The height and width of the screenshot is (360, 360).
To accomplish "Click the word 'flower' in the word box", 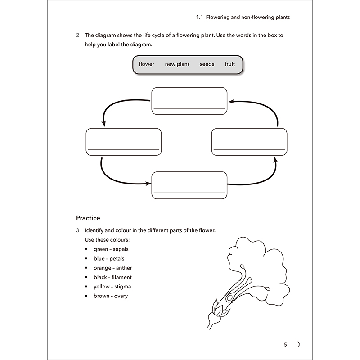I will (147, 64).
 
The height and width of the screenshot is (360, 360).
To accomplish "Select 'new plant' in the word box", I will (177, 64).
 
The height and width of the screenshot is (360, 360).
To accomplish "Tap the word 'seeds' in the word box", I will (207, 64).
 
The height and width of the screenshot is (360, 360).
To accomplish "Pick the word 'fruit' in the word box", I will (230, 64).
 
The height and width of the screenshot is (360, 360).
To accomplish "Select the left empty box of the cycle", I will (123, 142).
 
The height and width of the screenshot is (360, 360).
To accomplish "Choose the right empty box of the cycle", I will (249, 142).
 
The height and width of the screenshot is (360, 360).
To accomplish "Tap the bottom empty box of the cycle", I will (189, 185).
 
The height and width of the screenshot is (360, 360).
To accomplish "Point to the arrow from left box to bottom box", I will (117, 178).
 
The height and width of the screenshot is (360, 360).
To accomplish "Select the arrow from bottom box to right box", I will (259, 178).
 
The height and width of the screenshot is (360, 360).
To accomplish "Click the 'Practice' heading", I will (88, 218).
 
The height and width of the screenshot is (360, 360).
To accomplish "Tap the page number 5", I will (285, 345).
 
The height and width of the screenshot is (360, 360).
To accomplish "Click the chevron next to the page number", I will (299, 345).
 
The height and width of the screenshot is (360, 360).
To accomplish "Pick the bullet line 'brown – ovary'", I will (111, 296).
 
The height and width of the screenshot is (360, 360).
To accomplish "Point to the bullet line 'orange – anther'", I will (112, 268).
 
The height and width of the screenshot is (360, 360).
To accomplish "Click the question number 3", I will (78, 230).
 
